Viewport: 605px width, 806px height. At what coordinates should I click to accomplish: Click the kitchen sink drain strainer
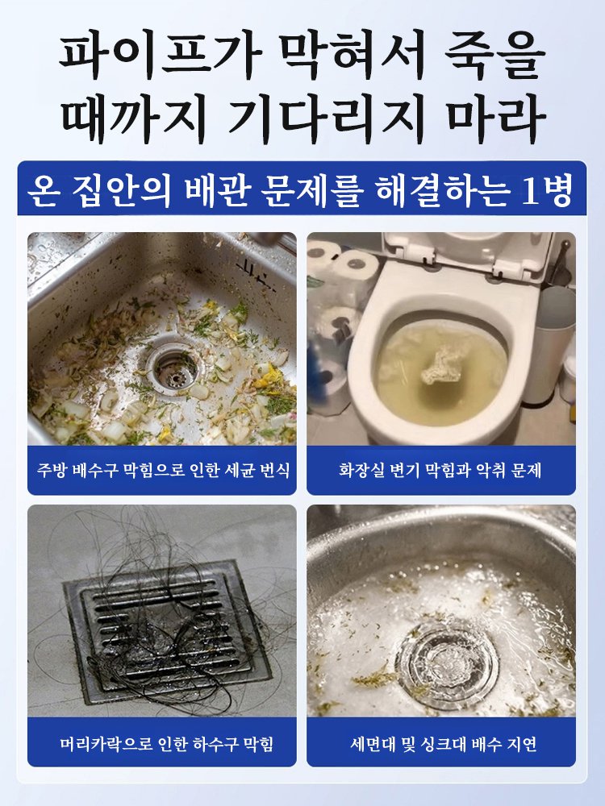[173, 368]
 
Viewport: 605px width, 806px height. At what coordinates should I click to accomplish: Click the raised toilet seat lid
[468, 256]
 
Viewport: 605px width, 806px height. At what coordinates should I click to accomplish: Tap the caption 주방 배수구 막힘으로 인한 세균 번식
[162, 470]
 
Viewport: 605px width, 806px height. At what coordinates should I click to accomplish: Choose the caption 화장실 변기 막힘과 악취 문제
[440, 470]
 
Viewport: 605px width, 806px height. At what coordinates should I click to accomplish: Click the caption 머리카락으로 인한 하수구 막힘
[162, 742]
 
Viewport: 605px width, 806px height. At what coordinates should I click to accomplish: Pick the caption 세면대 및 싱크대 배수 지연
[440, 742]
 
